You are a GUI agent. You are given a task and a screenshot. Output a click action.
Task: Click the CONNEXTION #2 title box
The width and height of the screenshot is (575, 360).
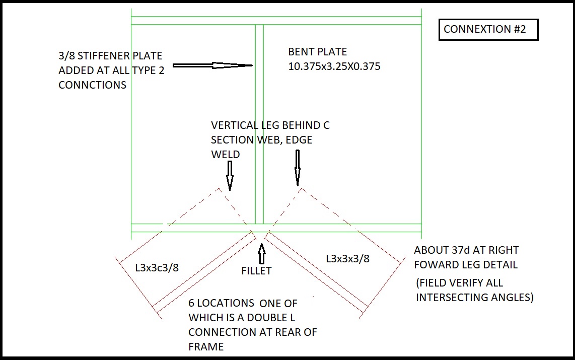(x=488, y=30)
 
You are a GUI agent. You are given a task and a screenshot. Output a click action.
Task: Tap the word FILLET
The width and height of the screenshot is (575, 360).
(x=257, y=271)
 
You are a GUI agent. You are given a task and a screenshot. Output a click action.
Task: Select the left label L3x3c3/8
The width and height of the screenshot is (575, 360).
(x=157, y=267)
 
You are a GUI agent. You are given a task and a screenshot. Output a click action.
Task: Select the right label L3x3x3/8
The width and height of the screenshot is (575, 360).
(x=347, y=259)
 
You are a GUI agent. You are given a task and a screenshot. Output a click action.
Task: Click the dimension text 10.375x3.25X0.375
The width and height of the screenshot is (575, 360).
(x=334, y=66)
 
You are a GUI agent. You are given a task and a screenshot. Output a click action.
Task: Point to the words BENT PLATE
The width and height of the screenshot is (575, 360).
(x=317, y=52)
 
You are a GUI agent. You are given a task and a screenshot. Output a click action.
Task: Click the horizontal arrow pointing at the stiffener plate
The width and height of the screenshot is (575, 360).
(x=212, y=65)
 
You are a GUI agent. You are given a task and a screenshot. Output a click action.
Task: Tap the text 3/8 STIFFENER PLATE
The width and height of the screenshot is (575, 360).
(x=110, y=55)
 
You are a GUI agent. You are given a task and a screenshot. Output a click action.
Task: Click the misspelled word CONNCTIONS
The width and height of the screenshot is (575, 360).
(x=92, y=85)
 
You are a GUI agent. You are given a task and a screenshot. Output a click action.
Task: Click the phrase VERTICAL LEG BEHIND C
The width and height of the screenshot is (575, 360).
(x=270, y=125)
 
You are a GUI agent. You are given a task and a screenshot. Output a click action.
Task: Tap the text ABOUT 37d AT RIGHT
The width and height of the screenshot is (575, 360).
(x=466, y=250)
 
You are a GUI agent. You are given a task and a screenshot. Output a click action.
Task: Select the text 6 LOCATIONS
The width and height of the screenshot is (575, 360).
(x=221, y=303)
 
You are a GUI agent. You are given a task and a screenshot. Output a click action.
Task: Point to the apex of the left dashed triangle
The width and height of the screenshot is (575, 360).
(x=219, y=189)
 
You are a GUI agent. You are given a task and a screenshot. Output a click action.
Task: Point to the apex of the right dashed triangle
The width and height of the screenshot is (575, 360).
(x=301, y=188)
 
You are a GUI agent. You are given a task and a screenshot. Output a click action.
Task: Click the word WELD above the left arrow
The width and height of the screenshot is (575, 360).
(x=226, y=154)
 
